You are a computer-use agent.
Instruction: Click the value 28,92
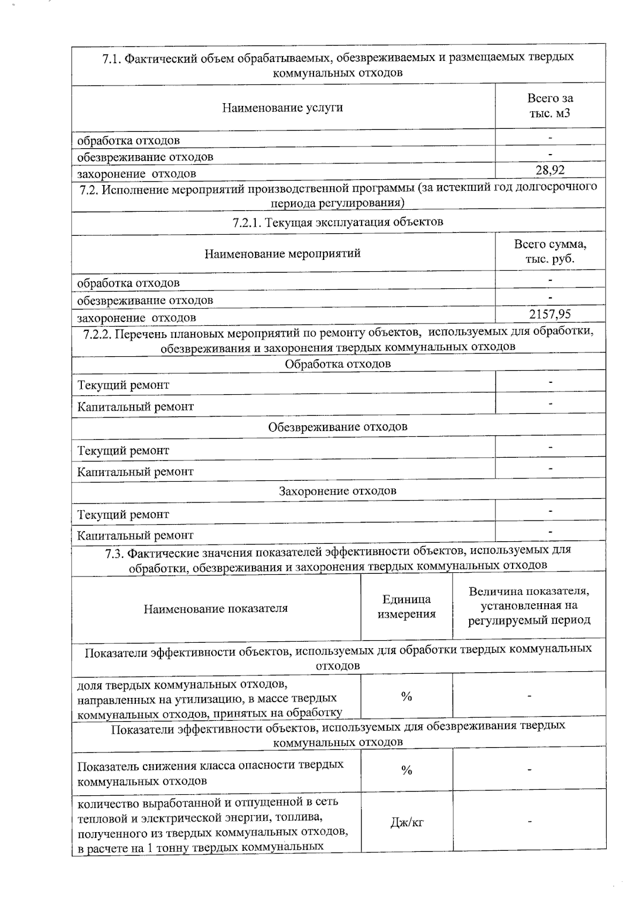pyautogui.click(x=550, y=170)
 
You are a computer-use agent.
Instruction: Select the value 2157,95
pyautogui.click(x=550, y=314)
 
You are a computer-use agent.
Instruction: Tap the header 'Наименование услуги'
pyautogui.click(x=282, y=107)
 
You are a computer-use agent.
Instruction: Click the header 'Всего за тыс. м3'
pyautogui.click(x=550, y=106)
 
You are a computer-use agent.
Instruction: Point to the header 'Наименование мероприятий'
pyautogui.click(x=282, y=253)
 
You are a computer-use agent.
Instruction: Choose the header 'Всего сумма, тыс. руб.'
pyautogui.click(x=550, y=251)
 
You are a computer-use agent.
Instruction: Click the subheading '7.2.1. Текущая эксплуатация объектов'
pyautogui.click(x=338, y=222)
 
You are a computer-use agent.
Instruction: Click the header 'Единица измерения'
pyautogui.click(x=407, y=607)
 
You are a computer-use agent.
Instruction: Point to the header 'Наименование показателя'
pyautogui.click(x=216, y=608)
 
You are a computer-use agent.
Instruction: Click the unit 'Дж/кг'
pyautogui.click(x=407, y=823)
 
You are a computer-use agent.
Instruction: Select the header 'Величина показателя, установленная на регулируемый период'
pyautogui.click(x=529, y=606)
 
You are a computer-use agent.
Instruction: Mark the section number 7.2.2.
pyautogui.click(x=96, y=334)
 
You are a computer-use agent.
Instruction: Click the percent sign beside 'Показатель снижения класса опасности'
pyautogui.click(x=407, y=770)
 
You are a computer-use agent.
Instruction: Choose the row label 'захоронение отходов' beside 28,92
pyautogui.click(x=136, y=174)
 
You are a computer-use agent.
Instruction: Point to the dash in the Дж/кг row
pyautogui.click(x=529, y=822)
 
